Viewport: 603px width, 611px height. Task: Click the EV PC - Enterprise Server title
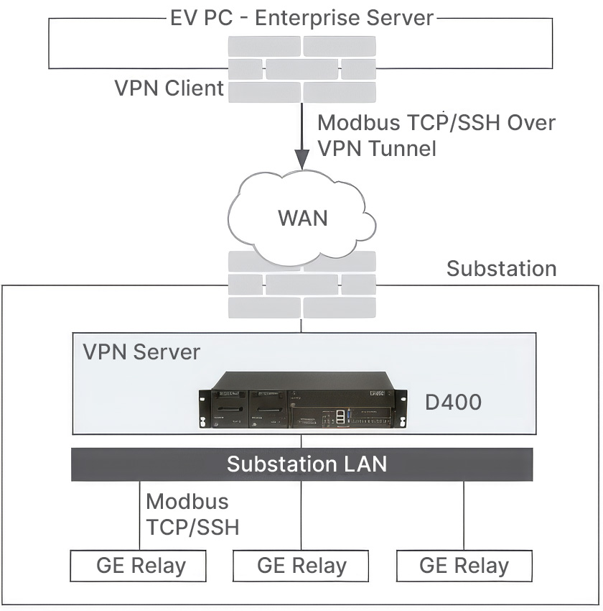coord(302,18)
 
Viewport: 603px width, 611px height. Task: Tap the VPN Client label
coord(169,88)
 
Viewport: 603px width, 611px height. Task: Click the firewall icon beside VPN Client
coord(302,69)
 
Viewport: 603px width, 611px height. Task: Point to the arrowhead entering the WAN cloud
coord(302,159)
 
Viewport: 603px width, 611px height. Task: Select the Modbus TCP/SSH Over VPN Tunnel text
coord(436,135)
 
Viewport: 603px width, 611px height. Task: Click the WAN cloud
coord(302,218)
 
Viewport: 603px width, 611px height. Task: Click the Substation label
coord(502,269)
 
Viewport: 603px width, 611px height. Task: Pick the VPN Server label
coord(141,352)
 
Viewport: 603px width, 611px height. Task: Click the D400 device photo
coord(303,400)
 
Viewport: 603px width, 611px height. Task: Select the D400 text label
coord(453,402)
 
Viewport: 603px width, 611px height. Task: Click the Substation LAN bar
coord(302,464)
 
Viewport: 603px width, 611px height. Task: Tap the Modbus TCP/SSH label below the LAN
coord(192,515)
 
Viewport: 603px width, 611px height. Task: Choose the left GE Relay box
coord(138,566)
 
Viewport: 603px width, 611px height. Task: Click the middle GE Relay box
coord(301,566)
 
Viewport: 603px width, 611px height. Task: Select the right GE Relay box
coord(464,566)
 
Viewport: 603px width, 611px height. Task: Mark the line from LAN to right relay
coord(464,515)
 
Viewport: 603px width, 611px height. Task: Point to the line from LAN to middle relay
coord(301,515)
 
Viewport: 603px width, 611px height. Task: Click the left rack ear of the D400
coord(202,409)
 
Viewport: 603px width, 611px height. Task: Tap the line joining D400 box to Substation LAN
coord(301,441)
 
